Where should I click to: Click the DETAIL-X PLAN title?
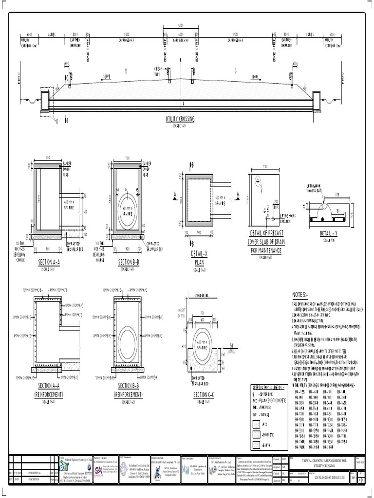[x=200, y=258]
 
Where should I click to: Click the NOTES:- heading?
[x=300, y=295]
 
